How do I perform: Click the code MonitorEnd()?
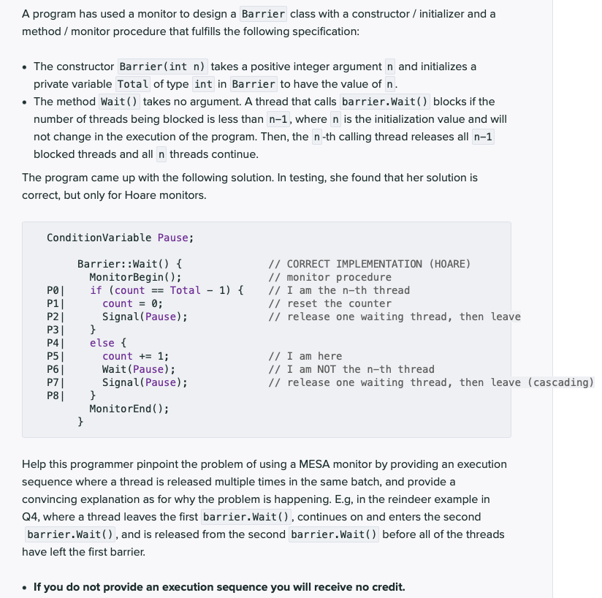(129, 409)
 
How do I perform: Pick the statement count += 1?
(135, 356)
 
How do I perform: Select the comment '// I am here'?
(305, 356)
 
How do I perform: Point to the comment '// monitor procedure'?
(329, 277)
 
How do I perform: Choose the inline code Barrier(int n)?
(163, 67)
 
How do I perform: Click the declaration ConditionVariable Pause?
(120, 238)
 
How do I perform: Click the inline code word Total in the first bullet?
(133, 84)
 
